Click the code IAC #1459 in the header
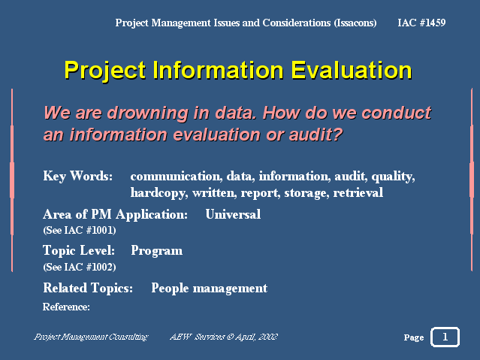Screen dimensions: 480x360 pyautogui.click(x=421, y=23)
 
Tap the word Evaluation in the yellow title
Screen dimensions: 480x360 pyautogui.click(x=352, y=71)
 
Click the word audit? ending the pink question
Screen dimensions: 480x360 pyautogui.click(x=315, y=135)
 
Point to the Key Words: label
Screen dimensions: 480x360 pyautogui.click(x=78, y=176)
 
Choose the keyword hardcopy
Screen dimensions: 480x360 pyautogui.click(x=159, y=193)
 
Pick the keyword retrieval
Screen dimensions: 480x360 pyautogui.click(x=358, y=192)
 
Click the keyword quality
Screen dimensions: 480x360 pyautogui.click(x=393, y=177)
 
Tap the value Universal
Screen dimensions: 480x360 pyautogui.click(x=233, y=214)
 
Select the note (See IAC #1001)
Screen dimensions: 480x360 pyautogui.click(x=80, y=230)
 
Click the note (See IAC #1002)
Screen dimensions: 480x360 pyautogui.click(x=80, y=267)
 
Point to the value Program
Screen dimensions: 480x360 pyautogui.click(x=157, y=251)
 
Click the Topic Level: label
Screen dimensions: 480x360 pyautogui.click(x=79, y=250)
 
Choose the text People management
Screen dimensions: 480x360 pyautogui.click(x=210, y=289)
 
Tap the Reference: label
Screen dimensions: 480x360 pyautogui.click(x=66, y=307)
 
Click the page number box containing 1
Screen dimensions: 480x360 pyautogui.click(x=445, y=337)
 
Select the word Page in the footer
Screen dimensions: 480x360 pyautogui.click(x=414, y=337)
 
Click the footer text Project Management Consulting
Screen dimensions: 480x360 pyautogui.click(x=91, y=337)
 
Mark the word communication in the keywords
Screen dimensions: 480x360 pyautogui.click(x=177, y=176)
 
